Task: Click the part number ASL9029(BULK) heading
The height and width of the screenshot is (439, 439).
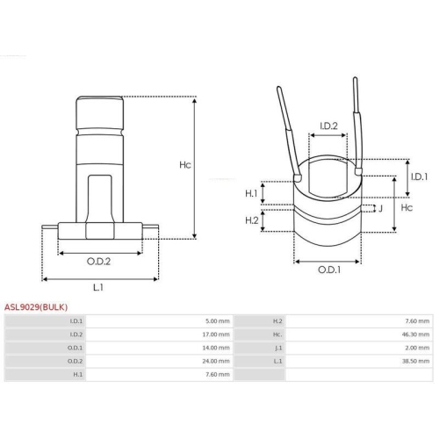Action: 36,307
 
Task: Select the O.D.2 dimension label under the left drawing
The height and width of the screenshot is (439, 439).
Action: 98,262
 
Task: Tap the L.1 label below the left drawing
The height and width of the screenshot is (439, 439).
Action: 98,287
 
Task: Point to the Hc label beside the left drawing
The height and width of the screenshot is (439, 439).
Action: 185,165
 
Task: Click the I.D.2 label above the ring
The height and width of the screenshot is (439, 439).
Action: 328,126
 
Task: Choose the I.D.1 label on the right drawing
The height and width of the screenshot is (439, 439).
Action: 419,176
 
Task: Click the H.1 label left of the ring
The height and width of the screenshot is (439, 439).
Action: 251,193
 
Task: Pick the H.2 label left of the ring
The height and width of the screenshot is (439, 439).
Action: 252,220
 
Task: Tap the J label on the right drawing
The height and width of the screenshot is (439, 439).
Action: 380,208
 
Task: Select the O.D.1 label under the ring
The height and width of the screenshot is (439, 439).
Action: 329,270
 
